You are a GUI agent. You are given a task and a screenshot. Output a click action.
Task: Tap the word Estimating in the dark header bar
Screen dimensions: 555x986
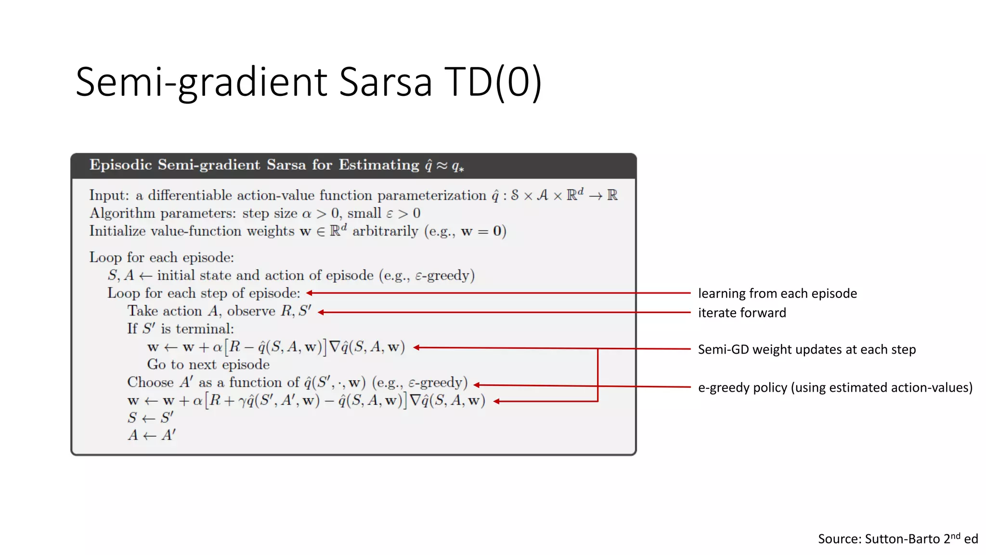click(379, 165)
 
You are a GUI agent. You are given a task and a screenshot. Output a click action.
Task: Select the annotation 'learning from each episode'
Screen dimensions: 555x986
click(777, 293)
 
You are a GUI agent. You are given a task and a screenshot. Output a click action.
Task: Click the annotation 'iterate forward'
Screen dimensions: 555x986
click(741, 313)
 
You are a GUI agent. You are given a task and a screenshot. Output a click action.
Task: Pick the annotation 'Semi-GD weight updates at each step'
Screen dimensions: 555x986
click(806, 349)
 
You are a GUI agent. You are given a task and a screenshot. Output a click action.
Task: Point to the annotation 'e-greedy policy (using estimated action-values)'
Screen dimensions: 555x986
click(835, 387)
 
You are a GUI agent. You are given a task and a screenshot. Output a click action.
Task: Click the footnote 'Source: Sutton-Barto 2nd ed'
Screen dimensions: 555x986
click(897, 539)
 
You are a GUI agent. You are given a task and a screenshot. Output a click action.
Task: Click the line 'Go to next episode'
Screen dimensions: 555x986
click(208, 365)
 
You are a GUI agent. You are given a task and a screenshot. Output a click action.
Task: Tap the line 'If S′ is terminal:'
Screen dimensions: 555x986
click(181, 329)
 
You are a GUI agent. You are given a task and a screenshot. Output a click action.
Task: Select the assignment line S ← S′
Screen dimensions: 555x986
click(150, 418)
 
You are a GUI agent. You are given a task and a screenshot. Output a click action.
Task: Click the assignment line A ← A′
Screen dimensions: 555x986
click(151, 436)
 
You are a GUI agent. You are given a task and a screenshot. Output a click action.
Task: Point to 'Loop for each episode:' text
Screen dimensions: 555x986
click(161, 258)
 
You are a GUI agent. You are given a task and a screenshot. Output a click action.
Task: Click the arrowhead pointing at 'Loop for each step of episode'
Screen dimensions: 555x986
click(310, 293)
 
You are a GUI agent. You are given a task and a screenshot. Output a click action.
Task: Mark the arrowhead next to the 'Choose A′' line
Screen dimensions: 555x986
click(477, 384)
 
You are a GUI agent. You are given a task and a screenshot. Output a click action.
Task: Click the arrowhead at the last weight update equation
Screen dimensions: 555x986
click(496, 401)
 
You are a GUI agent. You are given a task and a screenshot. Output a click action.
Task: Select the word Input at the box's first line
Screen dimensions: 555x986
click(108, 196)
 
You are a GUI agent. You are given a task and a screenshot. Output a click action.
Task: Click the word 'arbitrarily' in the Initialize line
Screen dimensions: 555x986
click(385, 232)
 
